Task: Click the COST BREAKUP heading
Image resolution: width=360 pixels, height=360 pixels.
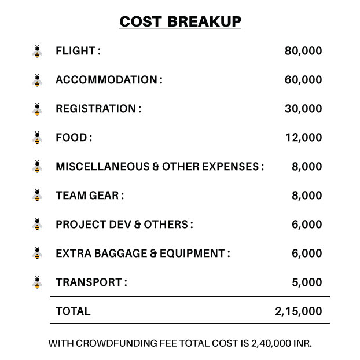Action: point(180,22)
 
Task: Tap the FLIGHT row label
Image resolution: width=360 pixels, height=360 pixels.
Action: point(78,51)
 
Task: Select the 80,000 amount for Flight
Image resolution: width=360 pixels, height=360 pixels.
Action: point(303,51)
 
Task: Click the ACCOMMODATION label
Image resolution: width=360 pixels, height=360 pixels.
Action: point(109,80)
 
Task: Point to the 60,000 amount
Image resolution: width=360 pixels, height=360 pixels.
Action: point(303,80)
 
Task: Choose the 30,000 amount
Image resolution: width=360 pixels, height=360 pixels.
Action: point(303,109)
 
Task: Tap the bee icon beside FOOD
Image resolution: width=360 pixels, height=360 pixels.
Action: point(38,138)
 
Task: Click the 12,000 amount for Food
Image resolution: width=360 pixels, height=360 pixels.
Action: point(303,138)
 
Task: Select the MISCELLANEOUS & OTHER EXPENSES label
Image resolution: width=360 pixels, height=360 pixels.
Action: point(160,167)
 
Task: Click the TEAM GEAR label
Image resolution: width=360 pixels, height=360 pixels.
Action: point(90,196)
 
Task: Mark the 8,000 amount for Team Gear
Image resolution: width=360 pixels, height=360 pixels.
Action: point(307,196)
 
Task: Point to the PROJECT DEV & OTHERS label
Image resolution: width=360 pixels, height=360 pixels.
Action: point(124,225)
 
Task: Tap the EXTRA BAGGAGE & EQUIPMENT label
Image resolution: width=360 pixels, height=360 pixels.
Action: point(143,254)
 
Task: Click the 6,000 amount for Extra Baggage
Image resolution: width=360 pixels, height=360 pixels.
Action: point(307,254)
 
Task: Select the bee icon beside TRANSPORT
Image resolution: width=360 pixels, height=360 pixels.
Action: point(38,282)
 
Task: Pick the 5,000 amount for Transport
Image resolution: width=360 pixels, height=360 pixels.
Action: point(307,282)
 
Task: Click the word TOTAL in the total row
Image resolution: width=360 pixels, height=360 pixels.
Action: point(73,311)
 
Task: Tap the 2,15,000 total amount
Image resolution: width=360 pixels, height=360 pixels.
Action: point(299,311)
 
